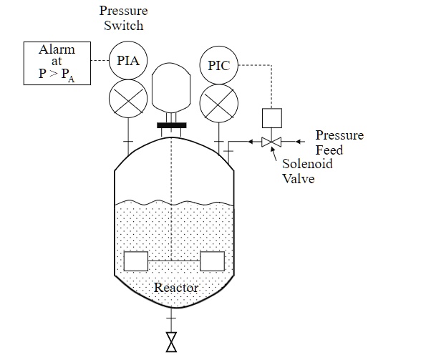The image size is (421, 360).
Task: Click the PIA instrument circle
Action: click(128, 60)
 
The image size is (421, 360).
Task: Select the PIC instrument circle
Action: click(218, 65)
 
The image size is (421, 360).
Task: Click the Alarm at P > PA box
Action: click(57, 63)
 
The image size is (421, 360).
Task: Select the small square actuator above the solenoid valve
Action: click(271, 117)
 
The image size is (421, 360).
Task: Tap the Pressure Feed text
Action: click(339, 142)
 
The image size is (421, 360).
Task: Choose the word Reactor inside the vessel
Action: click(176, 288)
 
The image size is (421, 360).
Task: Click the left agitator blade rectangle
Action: click(135, 261)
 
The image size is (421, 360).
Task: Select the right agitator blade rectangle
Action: click(213, 261)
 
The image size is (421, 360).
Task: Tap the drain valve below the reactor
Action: click(171, 341)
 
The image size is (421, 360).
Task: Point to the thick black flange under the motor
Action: click(171, 126)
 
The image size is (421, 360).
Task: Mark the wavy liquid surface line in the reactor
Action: click(175, 203)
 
